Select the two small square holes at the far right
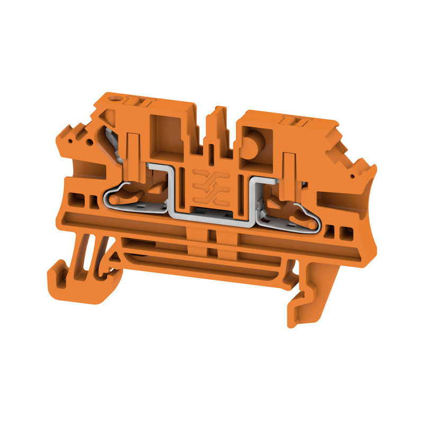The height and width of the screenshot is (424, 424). (x=340, y=231)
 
